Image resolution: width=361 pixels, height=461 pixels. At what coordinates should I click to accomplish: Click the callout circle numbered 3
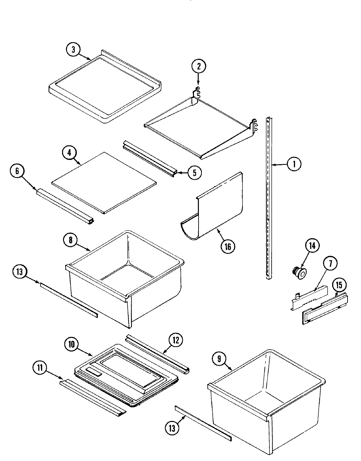click(73, 50)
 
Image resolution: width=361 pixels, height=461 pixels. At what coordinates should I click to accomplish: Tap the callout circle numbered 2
click(199, 66)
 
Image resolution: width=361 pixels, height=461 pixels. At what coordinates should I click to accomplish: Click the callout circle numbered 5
click(195, 172)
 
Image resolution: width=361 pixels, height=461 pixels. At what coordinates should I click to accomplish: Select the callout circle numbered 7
click(330, 263)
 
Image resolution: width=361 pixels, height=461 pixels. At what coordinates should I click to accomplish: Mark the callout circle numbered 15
click(339, 285)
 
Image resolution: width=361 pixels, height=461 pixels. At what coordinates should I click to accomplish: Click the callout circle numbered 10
click(72, 344)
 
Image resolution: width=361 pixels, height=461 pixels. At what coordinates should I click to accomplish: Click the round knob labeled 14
click(299, 273)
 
